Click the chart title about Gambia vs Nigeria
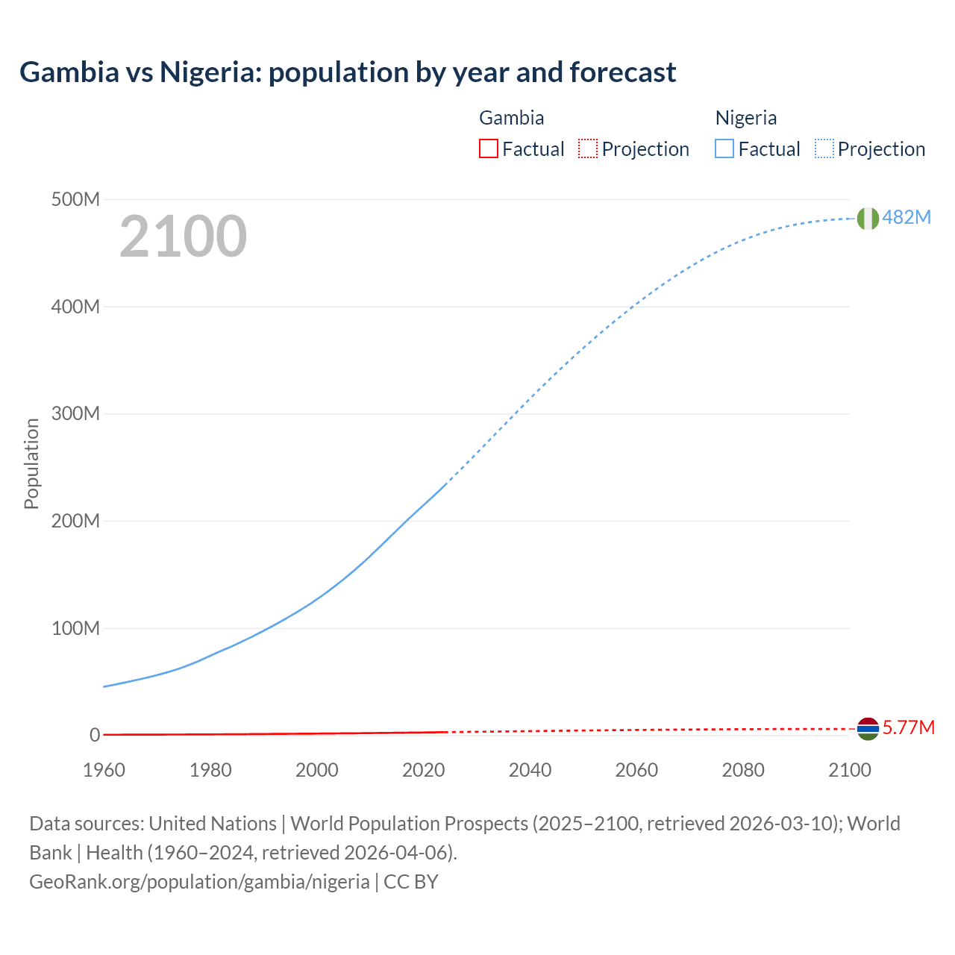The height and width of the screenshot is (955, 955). [348, 72]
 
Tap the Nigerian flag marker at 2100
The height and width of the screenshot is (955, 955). [867, 218]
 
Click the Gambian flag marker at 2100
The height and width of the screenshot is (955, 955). [867, 728]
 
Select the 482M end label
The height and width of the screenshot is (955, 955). [907, 217]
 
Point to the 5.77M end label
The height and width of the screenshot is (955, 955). [908, 727]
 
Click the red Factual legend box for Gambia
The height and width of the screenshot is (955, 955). [488, 149]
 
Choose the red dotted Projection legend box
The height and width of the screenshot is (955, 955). [588, 149]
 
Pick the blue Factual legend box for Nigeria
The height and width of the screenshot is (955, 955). [724, 149]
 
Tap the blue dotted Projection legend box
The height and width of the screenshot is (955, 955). [824, 149]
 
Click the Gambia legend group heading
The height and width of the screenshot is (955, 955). [511, 118]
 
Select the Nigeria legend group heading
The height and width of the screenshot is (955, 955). [746, 118]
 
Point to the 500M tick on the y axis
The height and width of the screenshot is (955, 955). [75, 199]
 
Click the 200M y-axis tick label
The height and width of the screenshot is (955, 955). [75, 521]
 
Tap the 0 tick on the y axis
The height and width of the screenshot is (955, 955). [95, 735]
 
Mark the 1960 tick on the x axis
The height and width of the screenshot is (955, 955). [104, 770]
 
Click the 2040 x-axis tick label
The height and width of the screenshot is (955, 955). [530, 770]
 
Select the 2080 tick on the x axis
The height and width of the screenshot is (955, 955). [743, 770]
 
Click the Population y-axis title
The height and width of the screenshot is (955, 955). [31, 463]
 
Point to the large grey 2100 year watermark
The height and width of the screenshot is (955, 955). [183, 237]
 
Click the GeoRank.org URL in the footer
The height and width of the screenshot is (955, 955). [199, 882]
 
